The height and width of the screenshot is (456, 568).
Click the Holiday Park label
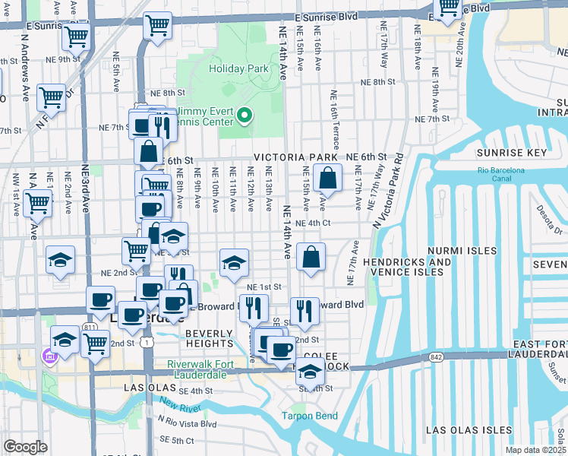click(x=239, y=68)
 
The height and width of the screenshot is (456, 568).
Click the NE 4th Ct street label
click(x=314, y=223)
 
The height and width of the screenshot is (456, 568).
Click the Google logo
click(x=25, y=447)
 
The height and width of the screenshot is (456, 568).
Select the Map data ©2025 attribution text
click(x=536, y=450)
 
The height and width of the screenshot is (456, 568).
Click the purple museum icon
click(x=51, y=355)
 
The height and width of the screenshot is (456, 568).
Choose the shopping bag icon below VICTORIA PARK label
click(x=327, y=180)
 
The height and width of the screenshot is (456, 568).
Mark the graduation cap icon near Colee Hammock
click(x=309, y=372)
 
